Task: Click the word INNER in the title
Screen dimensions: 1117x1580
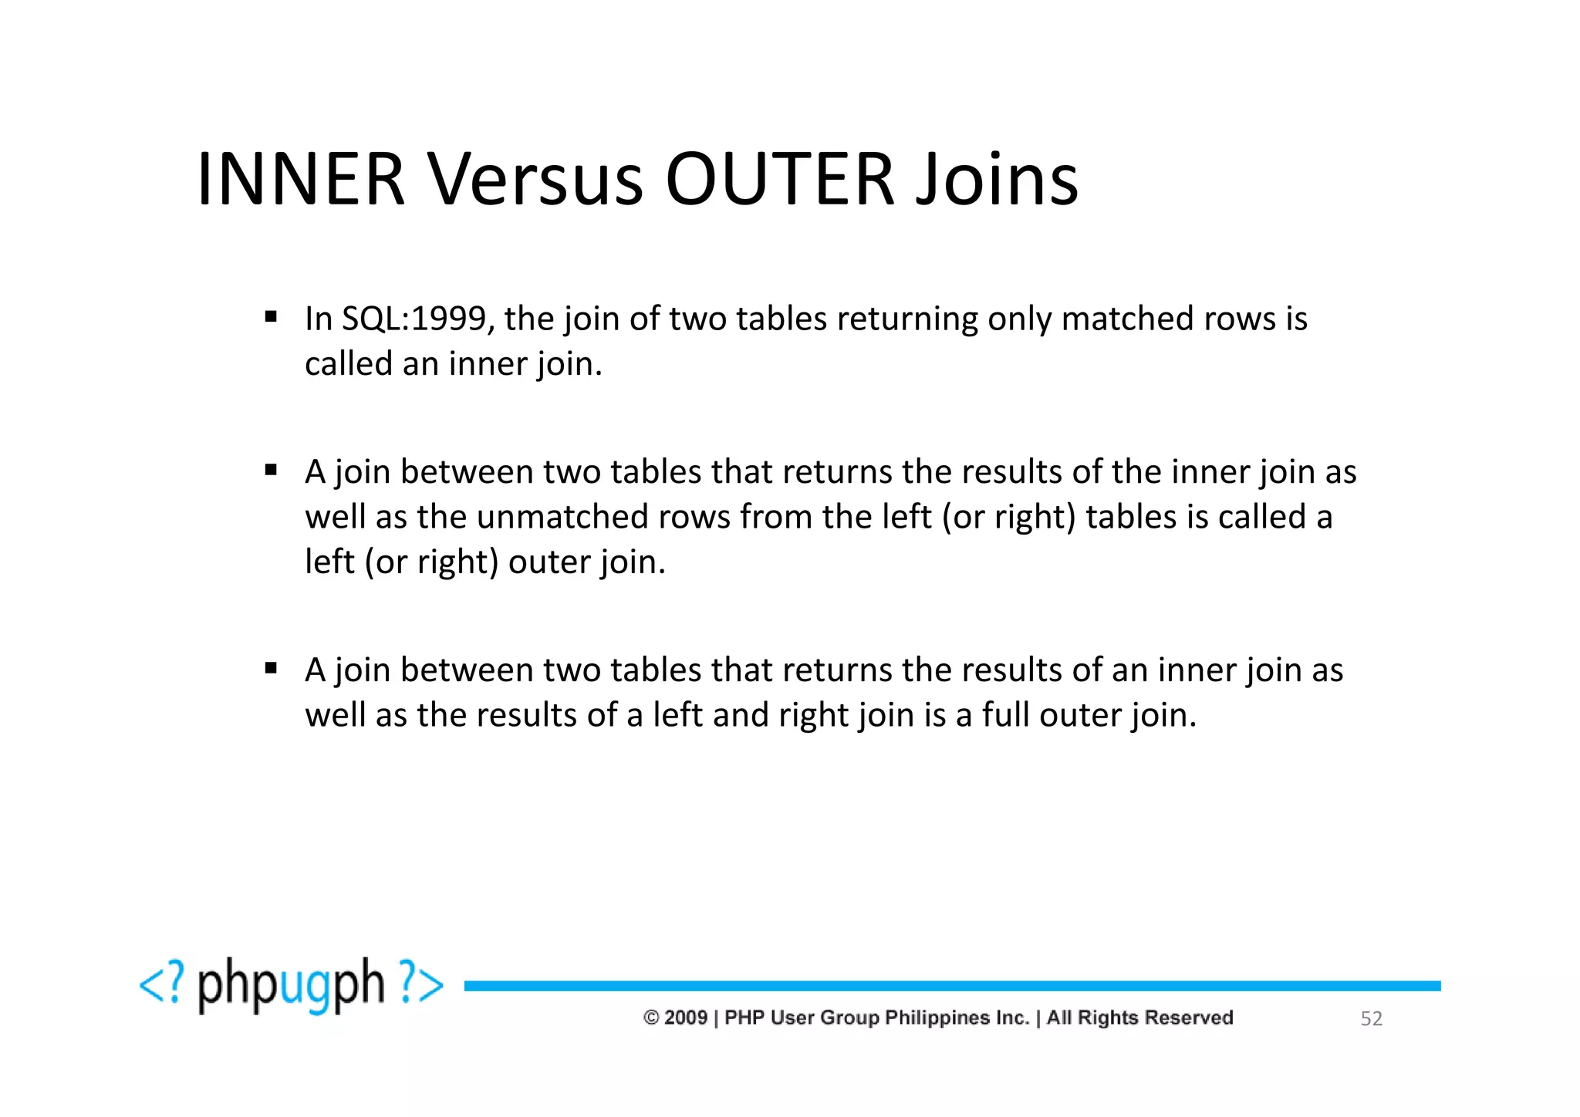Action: [301, 180]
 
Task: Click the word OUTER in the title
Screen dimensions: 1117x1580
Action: [779, 180]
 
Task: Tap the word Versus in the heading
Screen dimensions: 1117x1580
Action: [535, 180]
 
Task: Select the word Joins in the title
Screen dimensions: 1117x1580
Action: [997, 180]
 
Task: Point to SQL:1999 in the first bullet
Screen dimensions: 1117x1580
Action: [414, 319]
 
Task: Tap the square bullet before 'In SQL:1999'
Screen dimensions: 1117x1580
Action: [271, 316]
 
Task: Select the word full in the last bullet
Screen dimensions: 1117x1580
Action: [1005, 715]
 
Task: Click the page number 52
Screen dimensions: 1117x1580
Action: [1371, 1019]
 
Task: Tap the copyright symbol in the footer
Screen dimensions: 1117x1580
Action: [651, 1018]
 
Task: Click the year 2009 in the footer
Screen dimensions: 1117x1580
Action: [686, 1018]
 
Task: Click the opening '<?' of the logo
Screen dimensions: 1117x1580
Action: [162, 985]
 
